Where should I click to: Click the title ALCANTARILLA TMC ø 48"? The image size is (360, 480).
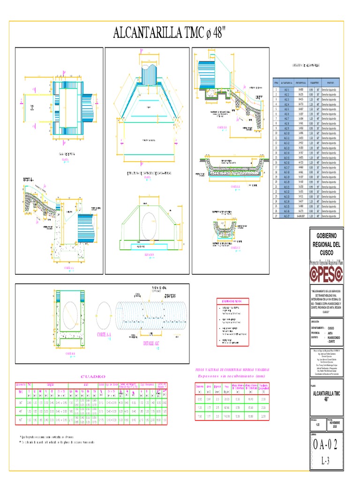point(170,33)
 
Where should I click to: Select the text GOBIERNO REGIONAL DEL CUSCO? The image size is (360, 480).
point(327,244)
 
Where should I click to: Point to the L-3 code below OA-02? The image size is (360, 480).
point(326,461)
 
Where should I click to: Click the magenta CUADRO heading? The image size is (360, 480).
point(93,376)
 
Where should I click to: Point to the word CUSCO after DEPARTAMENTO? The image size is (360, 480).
point(331,328)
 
